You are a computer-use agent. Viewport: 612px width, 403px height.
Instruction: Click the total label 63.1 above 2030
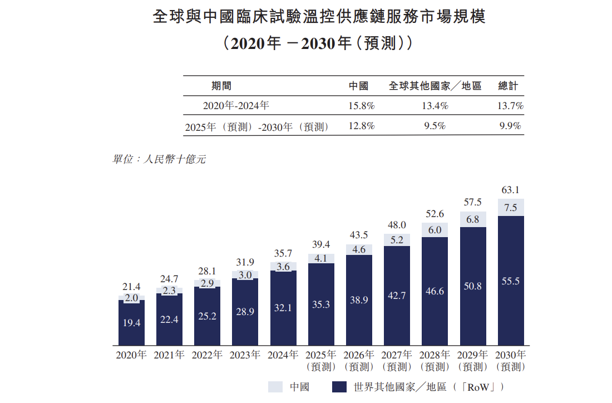(x=510, y=190)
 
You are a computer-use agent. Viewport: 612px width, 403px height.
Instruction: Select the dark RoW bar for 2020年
(x=131, y=323)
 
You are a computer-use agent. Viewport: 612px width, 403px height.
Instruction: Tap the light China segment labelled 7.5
(x=510, y=208)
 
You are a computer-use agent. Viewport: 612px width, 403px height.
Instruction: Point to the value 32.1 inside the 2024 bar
(x=283, y=307)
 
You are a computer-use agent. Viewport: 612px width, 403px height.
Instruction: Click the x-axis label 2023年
(x=245, y=355)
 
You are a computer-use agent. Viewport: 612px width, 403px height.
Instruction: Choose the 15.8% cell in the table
(x=362, y=105)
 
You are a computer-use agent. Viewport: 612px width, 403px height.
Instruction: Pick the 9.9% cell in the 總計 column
(x=510, y=126)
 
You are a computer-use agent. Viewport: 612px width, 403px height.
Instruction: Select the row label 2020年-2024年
(x=236, y=105)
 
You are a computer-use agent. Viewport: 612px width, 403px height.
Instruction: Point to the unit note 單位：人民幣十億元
(x=159, y=159)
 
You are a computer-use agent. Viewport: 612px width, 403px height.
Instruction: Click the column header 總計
(x=508, y=86)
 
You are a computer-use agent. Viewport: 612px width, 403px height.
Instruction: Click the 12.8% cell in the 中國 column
(x=362, y=126)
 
